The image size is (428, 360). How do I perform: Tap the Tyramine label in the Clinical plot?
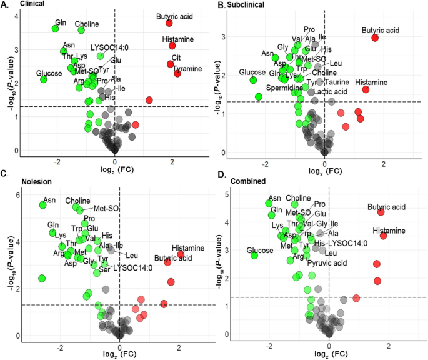coord(187,68)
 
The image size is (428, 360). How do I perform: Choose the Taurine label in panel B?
coord(337,82)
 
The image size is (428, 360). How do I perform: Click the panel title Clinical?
coord(32,4)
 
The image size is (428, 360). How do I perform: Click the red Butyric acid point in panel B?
coord(375,37)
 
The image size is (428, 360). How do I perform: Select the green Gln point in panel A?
coord(57,28)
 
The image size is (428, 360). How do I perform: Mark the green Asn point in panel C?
coord(43,205)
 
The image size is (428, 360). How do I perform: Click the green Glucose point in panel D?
coord(254,255)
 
